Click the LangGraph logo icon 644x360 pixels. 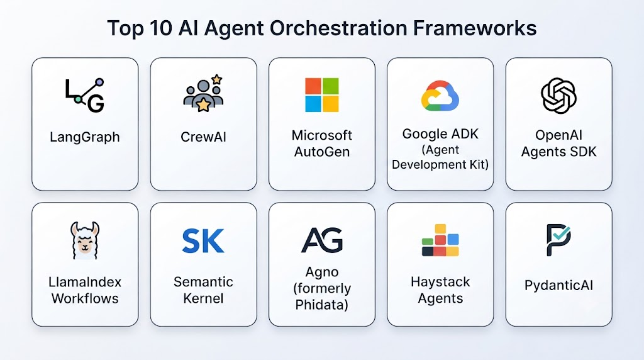pyautogui.click(x=85, y=95)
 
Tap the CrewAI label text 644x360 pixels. pyautogui.click(x=203, y=137)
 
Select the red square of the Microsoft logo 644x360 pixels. pyautogui.click(x=313, y=86)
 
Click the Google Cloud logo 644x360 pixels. pyautogui.click(x=440, y=96)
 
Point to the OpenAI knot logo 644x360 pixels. pyautogui.click(x=558, y=95)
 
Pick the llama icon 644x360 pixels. pyautogui.click(x=85, y=240)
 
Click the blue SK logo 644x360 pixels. pyautogui.click(x=203, y=241)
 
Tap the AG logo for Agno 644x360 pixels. pyautogui.click(x=322, y=240)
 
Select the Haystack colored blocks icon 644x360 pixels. pyautogui.click(x=440, y=240)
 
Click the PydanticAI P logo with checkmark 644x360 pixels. pyautogui.click(x=558, y=240)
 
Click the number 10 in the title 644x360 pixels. pyautogui.click(x=160, y=28)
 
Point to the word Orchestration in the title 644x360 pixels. pyautogui.click(x=338, y=28)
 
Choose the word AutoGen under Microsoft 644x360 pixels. pyautogui.click(x=322, y=152)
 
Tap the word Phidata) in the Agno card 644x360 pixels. pyautogui.click(x=321, y=305)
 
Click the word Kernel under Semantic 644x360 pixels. pyautogui.click(x=203, y=298)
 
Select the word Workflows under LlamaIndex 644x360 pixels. pyautogui.click(x=85, y=298)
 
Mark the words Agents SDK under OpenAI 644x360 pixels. pyautogui.click(x=558, y=152)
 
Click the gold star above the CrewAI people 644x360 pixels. pyautogui.click(x=217, y=79)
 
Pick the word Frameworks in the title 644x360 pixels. pyautogui.click(x=475, y=28)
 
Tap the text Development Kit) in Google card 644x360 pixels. pyautogui.click(x=440, y=164)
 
